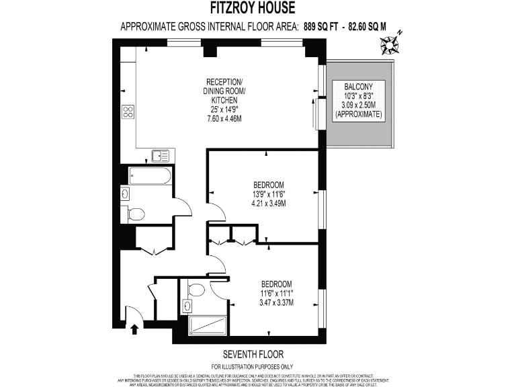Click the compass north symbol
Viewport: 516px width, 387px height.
pyautogui.click(x=390, y=44)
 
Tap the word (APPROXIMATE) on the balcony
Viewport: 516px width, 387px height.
pyautogui.click(x=359, y=115)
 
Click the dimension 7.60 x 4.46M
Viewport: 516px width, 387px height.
pyautogui.click(x=225, y=118)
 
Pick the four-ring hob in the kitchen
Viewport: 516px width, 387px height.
pyautogui.click(x=128, y=112)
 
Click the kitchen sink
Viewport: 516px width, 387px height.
pyautogui.click(x=161, y=156)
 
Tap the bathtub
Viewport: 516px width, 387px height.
pyautogui.click(x=149, y=176)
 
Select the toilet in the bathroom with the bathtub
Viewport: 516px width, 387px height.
pyautogui.click(x=136, y=215)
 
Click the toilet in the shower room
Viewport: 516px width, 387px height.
pyautogui.click(x=197, y=290)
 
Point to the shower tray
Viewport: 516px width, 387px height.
pyautogui.click(x=208, y=326)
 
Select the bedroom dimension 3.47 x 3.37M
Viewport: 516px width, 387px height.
pyautogui.click(x=277, y=302)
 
